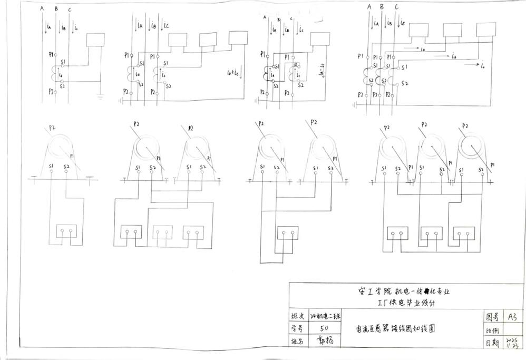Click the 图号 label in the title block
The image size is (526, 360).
coord(492,317)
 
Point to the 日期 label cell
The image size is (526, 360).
coord(492,343)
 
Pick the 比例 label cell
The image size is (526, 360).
coord(492,330)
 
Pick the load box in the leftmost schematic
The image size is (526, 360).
coord(96,40)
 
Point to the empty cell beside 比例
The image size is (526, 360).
coord(511,330)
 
